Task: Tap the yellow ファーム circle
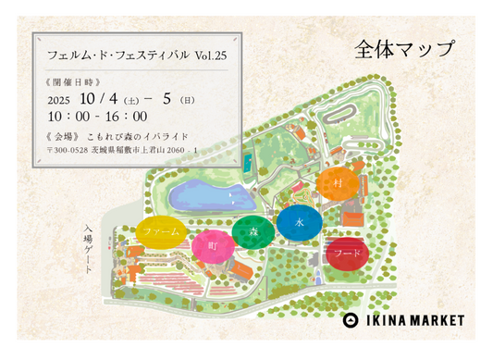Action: (162, 231)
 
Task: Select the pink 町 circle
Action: (213, 246)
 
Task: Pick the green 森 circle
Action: (252, 232)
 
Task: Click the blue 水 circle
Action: (299, 224)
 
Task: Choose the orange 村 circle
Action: (338, 184)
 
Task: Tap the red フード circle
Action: (347, 252)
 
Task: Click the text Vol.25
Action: (211, 56)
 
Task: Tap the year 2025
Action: (58, 98)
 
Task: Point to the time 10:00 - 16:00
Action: (97, 117)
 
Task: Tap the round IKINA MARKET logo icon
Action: (350, 320)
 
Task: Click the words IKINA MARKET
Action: (413, 320)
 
